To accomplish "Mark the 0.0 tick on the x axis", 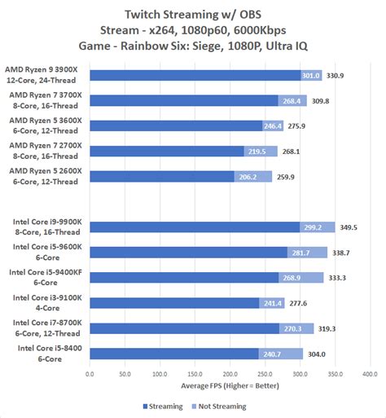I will pos(89,376).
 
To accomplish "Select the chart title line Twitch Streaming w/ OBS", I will pos(193,14).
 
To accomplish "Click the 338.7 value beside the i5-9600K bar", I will pos(341,252).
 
